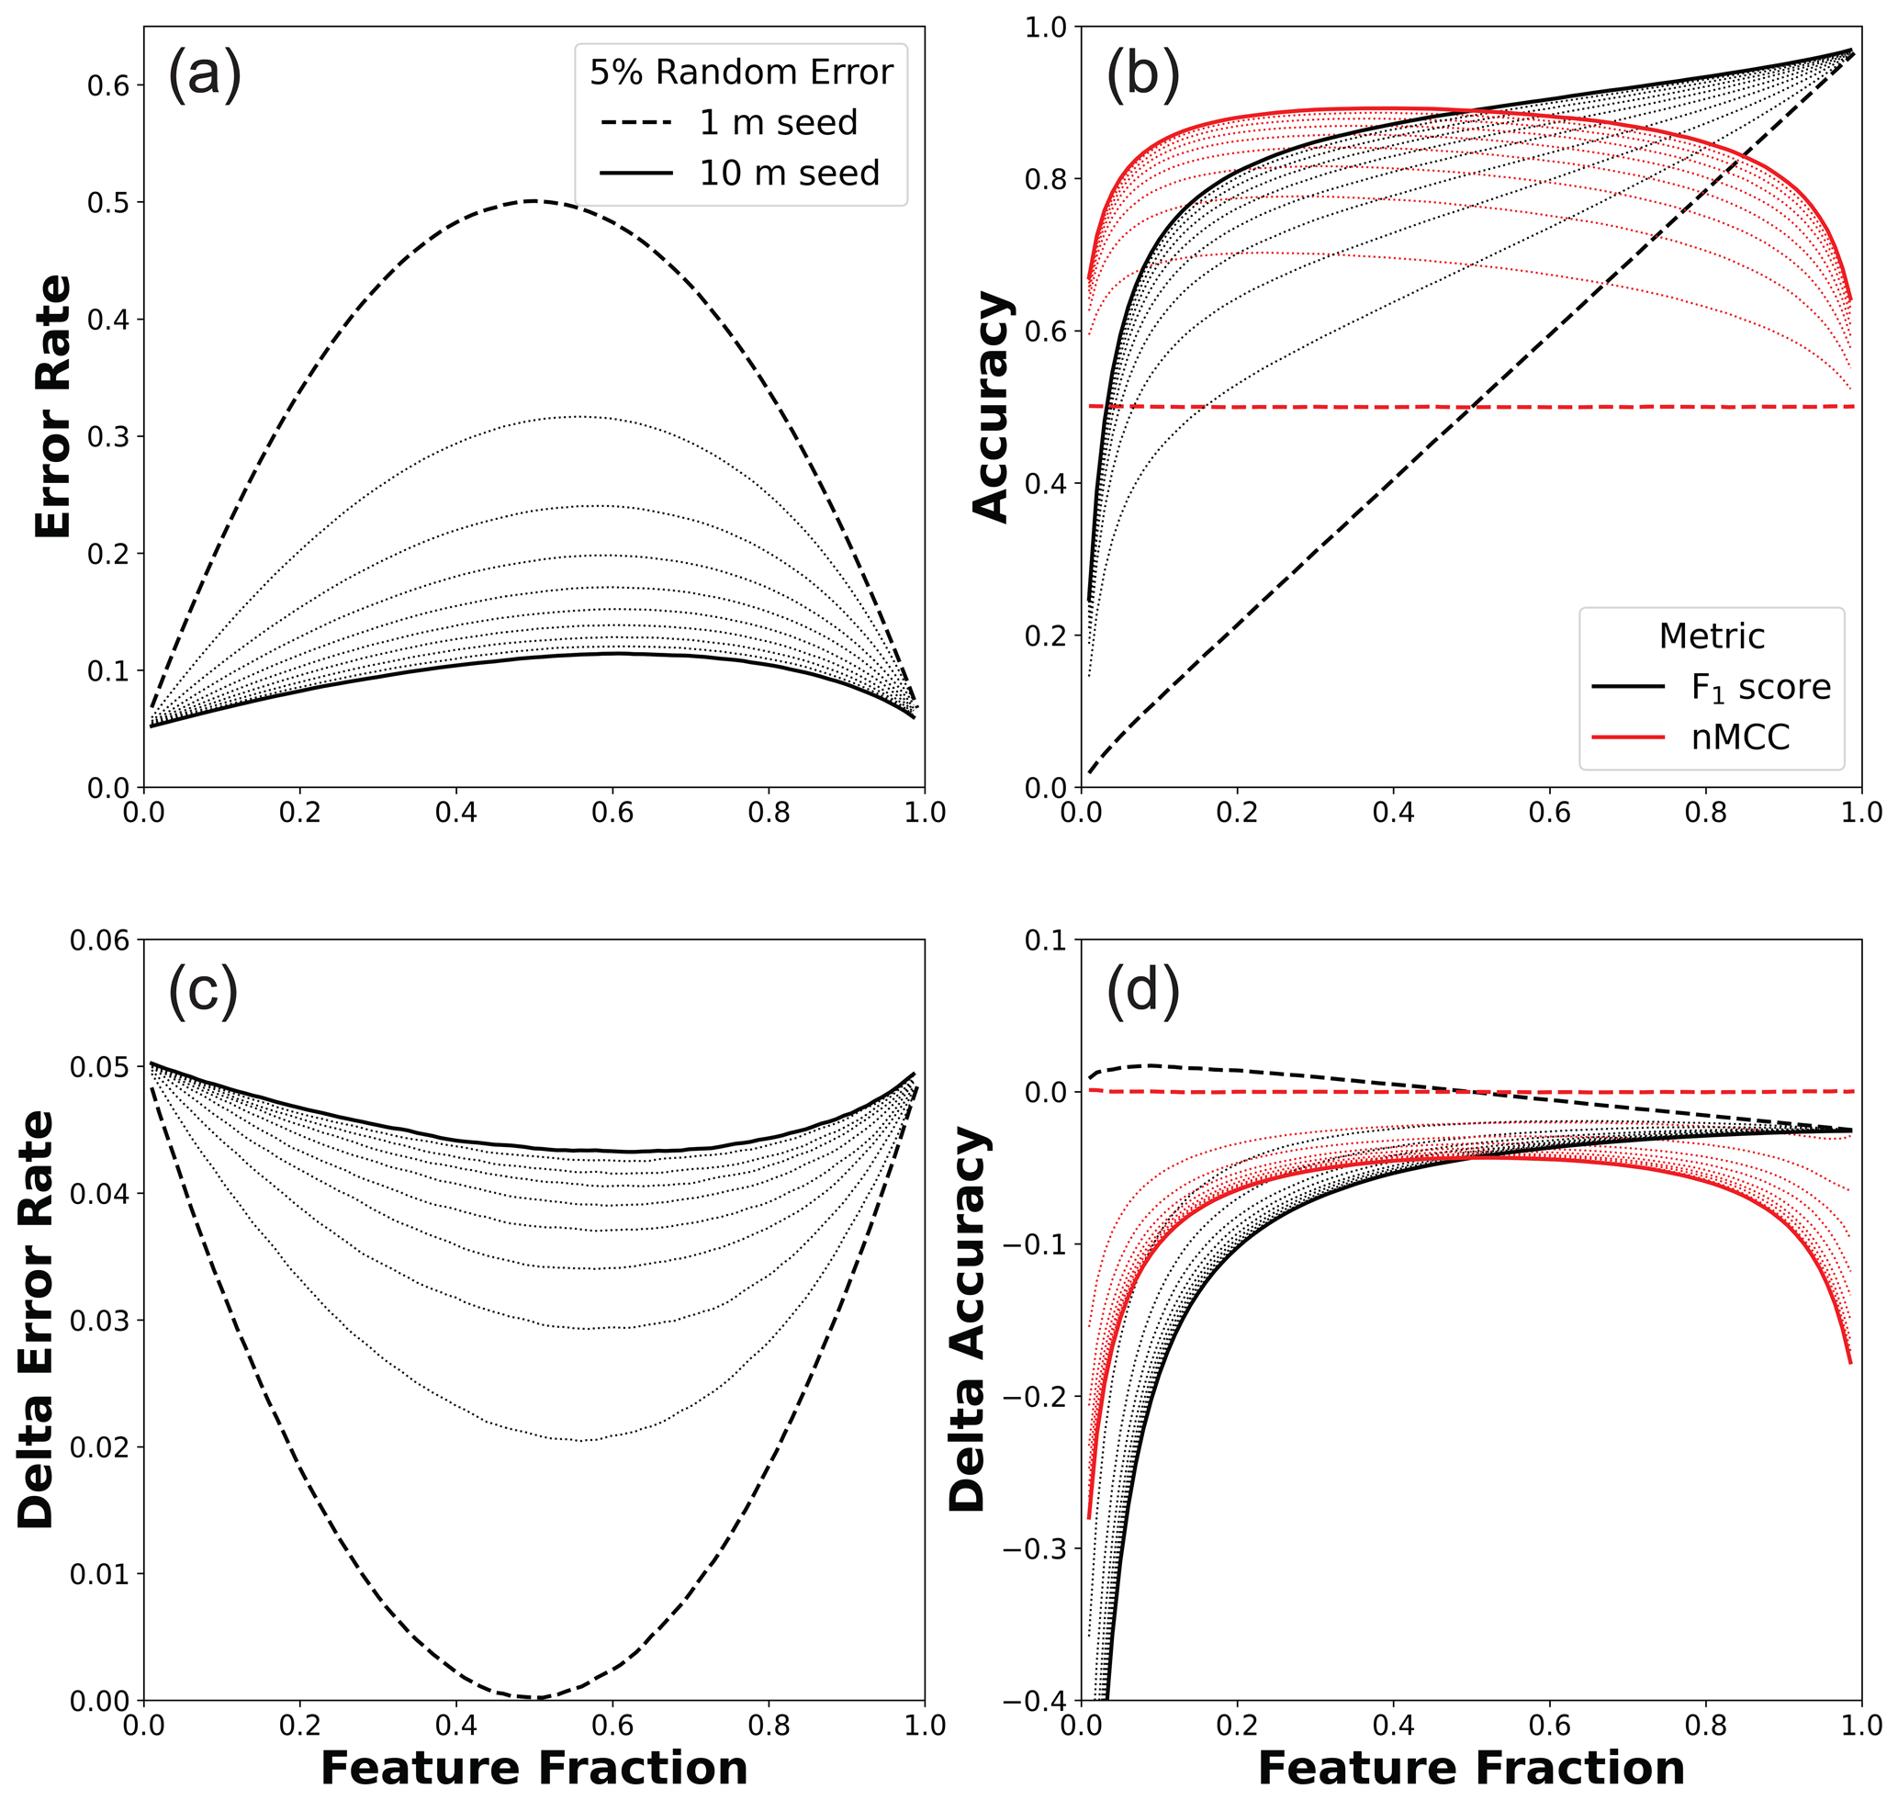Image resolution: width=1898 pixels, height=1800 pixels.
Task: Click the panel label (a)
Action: coord(204,74)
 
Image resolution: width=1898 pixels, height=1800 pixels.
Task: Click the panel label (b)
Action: coord(1142,74)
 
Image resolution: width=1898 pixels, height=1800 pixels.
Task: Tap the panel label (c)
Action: coord(202,989)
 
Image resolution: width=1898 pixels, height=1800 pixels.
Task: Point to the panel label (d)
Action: coord(1142,989)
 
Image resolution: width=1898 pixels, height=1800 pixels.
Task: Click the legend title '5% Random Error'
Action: coord(741,72)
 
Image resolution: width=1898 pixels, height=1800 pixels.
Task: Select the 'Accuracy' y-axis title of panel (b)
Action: coord(991,407)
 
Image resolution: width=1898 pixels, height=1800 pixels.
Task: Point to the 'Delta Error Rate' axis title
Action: coord(37,1320)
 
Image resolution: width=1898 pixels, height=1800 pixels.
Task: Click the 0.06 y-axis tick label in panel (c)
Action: coord(99,940)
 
